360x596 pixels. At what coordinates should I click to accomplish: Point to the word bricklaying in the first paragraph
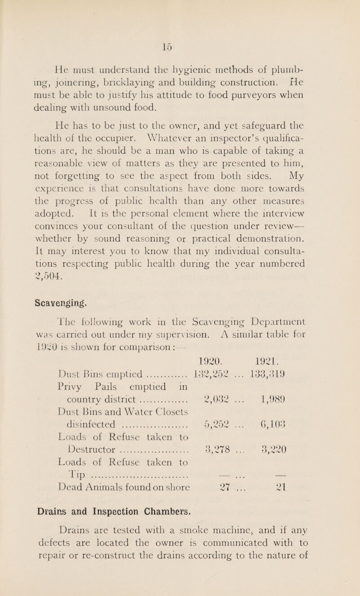134,81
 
